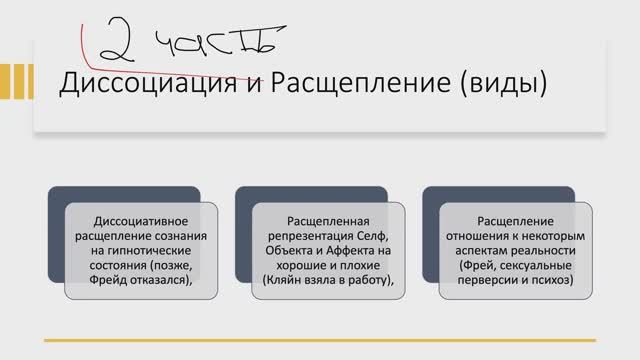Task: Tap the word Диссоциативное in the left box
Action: [141, 218]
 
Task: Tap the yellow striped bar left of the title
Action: [15, 84]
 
